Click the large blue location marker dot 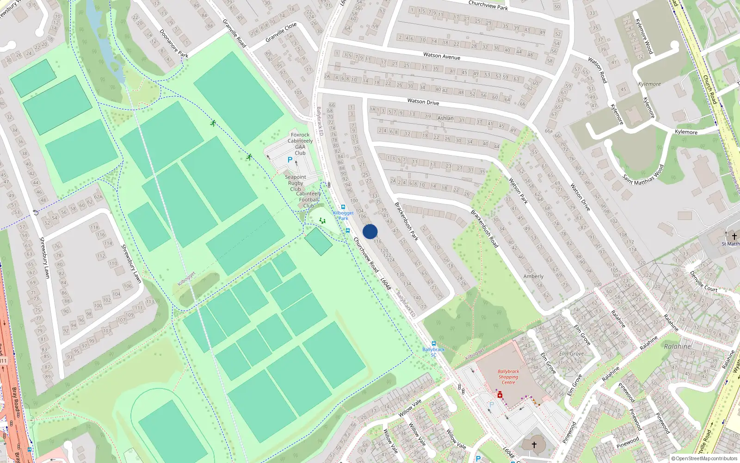pyautogui.click(x=370, y=231)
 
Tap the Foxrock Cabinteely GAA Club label pyautogui.click(x=300, y=144)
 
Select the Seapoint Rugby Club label pyautogui.click(x=296, y=183)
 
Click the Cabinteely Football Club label pyautogui.click(x=308, y=200)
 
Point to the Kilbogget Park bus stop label pyautogui.click(x=343, y=215)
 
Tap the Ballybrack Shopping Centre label pyautogui.click(x=508, y=377)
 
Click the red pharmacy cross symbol pyautogui.click(x=500, y=395)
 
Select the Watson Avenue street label pyautogui.click(x=442, y=56)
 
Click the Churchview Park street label pyautogui.click(x=488, y=5)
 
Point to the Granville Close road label pyautogui.click(x=281, y=32)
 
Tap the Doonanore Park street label pyautogui.click(x=174, y=44)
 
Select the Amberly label pyautogui.click(x=533, y=276)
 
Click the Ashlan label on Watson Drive pyautogui.click(x=445, y=118)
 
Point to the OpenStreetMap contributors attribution pyautogui.click(x=704, y=458)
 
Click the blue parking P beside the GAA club pyautogui.click(x=290, y=160)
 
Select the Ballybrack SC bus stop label pyautogui.click(x=433, y=352)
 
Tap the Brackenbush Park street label pyautogui.click(x=406, y=221)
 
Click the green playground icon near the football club pyautogui.click(x=322, y=220)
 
